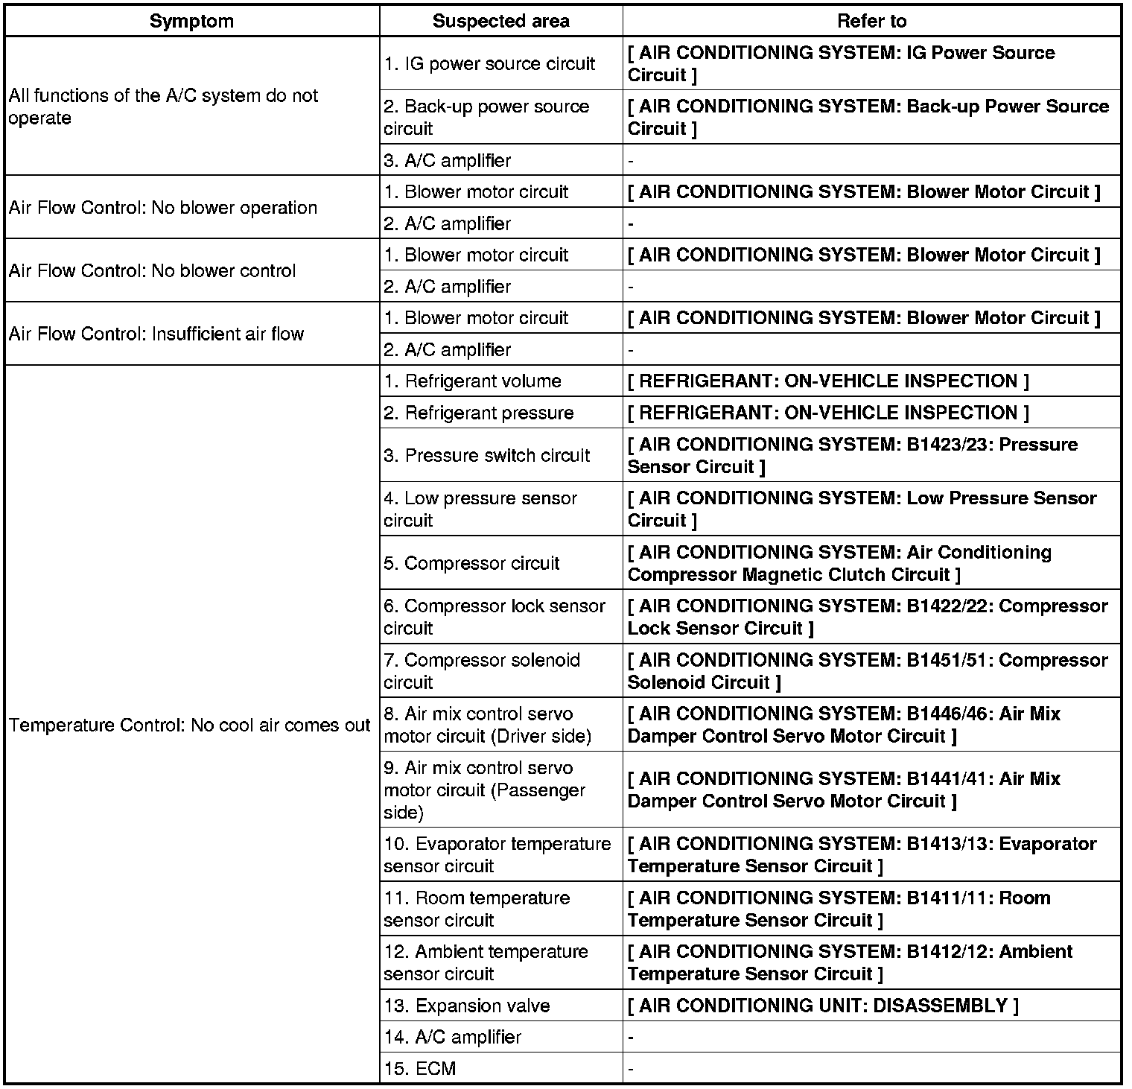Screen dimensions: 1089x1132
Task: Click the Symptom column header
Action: [191, 21]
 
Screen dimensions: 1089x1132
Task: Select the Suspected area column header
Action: [500, 21]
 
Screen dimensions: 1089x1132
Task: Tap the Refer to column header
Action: [871, 21]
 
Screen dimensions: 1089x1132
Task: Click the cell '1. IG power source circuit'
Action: [489, 64]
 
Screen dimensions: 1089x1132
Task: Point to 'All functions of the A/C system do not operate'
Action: [164, 107]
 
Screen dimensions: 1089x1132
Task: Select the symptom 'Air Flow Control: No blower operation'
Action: [163, 208]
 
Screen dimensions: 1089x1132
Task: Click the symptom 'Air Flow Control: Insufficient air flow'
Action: [156, 334]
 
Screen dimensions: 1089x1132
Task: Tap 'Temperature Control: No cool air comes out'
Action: [190, 725]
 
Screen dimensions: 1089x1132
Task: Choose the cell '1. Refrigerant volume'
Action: [472, 381]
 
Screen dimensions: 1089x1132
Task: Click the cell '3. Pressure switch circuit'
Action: [486, 455]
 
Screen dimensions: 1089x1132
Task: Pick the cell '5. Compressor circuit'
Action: [471, 563]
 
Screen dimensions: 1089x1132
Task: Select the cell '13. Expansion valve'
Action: [467, 1006]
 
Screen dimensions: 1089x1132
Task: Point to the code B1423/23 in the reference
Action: [947, 445]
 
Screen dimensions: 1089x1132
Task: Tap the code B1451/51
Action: [947, 660]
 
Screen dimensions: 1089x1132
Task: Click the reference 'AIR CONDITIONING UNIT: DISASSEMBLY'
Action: [823, 1006]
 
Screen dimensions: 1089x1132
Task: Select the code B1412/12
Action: [947, 952]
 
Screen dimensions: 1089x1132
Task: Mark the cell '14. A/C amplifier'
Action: [452, 1037]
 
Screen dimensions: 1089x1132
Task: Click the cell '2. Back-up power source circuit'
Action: [486, 118]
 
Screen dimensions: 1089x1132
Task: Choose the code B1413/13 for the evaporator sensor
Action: [947, 844]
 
